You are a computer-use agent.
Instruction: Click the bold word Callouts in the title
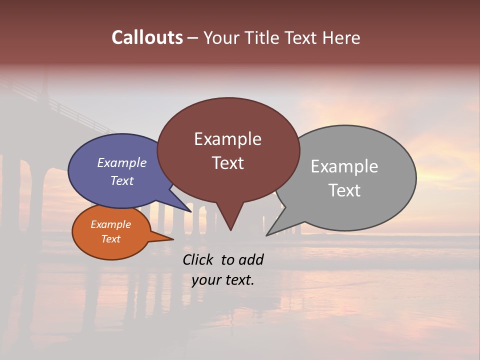tap(147, 38)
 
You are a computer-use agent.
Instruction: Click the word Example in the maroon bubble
tap(227, 139)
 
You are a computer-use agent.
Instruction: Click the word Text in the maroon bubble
tap(227, 163)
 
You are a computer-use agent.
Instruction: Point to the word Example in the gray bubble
tap(344, 166)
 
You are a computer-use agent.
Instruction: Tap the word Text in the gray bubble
tap(344, 190)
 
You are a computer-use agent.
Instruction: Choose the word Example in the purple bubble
tap(121, 163)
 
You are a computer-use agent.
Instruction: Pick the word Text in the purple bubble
tap(121, 180)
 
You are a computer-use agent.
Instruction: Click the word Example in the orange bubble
tap(110, 224)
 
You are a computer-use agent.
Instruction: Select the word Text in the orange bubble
tap(110, 239)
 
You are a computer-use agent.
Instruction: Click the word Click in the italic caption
tap(199, 260)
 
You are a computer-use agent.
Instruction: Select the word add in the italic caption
tap(251, 260)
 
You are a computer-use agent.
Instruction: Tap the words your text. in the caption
tap(222, 280)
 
